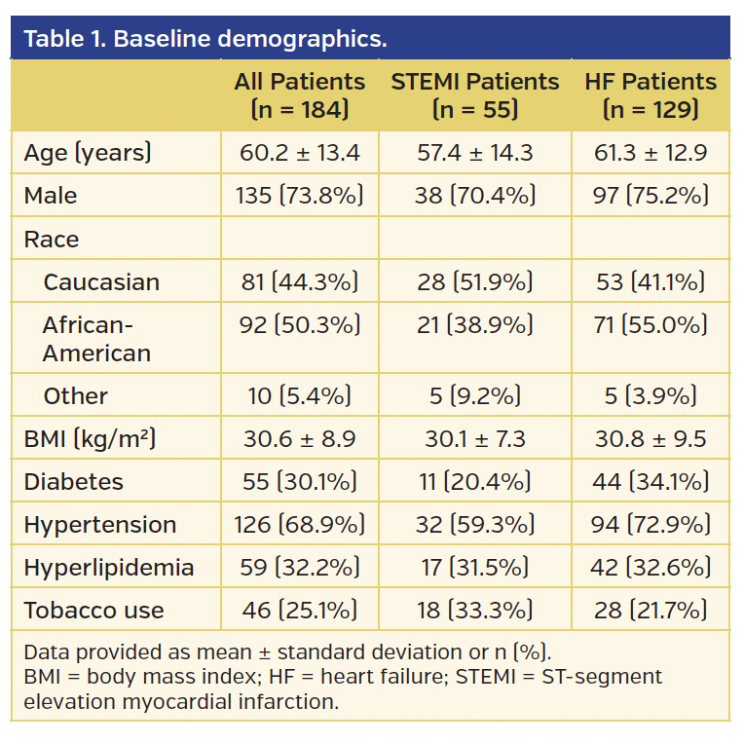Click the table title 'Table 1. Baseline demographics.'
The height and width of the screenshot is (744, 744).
tap(205, 40)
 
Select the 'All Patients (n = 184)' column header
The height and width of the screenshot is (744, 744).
tap(299, 95)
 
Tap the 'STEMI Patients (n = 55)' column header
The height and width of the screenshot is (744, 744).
tap(475, 95)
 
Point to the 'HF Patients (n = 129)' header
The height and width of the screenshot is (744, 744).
tap(651, 95)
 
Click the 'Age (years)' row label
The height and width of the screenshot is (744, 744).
tap(88, 153)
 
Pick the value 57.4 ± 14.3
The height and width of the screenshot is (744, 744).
tap(475, 153)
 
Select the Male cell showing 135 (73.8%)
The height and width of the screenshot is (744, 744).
tap(299, 196)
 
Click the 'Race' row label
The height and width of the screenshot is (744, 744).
tap(52, 240)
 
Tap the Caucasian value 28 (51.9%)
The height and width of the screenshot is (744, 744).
tap(475, 282)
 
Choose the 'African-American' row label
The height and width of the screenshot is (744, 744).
tap(96, 339)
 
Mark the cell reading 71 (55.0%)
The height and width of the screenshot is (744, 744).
tap(651, 325)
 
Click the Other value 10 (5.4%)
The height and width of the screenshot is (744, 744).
tap(299, 395)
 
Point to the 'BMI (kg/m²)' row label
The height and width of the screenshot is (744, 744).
tap(90, 438)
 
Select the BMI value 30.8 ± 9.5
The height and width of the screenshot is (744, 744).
tap(651, 438)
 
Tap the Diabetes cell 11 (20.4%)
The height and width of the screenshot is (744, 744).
tap(475, 481)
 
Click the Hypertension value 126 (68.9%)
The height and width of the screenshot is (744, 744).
tap(299, 524)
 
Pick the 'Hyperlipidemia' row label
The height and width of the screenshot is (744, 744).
tap(109, 567)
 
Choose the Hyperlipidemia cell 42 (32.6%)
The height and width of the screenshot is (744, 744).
tap(651, 567)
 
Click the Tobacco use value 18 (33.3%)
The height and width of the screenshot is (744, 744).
tap(475, 611)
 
